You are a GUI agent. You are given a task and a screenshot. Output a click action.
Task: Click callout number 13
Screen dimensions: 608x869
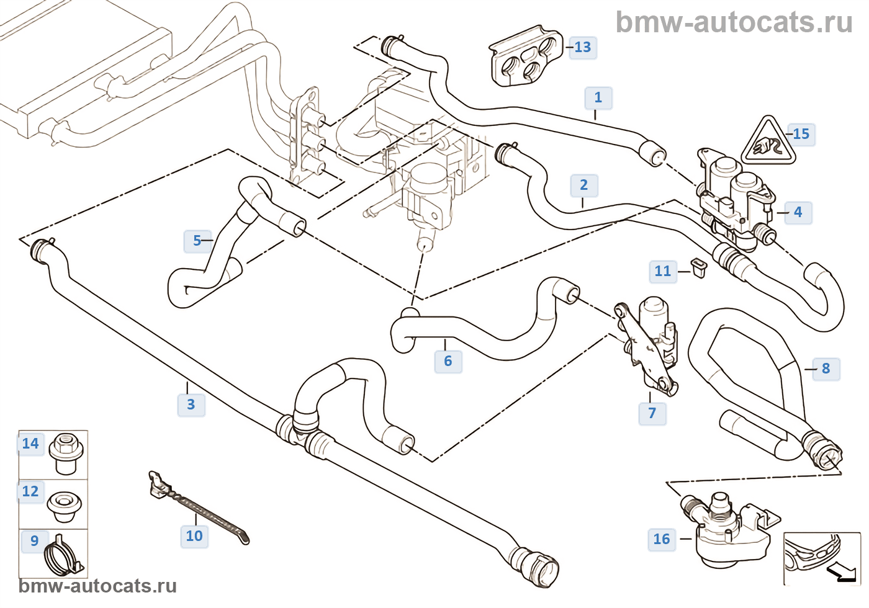[583, 47]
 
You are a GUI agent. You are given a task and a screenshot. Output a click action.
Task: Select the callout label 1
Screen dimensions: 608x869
[598, 98]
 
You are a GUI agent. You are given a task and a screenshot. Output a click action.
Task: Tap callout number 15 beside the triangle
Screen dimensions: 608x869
[801, 134]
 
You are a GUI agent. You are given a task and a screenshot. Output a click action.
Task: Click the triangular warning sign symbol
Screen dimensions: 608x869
[768, 142]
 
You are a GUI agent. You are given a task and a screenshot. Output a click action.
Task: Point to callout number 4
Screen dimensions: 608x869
[798, 212]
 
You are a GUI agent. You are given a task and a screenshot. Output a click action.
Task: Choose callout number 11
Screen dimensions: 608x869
[663, 271]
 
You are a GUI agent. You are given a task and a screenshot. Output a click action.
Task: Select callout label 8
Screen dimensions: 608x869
[826, 369]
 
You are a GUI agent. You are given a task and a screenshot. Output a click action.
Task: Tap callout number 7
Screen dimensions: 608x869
[652, 413]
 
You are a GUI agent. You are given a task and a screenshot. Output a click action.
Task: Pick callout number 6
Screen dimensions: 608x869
[448, 361]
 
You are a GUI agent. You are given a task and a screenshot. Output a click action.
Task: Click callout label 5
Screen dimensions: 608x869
[197, 241]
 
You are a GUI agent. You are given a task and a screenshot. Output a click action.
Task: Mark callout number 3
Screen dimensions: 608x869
[191, 405]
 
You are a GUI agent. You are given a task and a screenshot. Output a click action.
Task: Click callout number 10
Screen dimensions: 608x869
[194, 536]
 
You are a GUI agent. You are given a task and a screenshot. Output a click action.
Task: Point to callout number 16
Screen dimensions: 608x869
[662, 539]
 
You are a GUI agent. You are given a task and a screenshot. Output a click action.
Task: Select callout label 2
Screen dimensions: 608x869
[583, 185]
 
